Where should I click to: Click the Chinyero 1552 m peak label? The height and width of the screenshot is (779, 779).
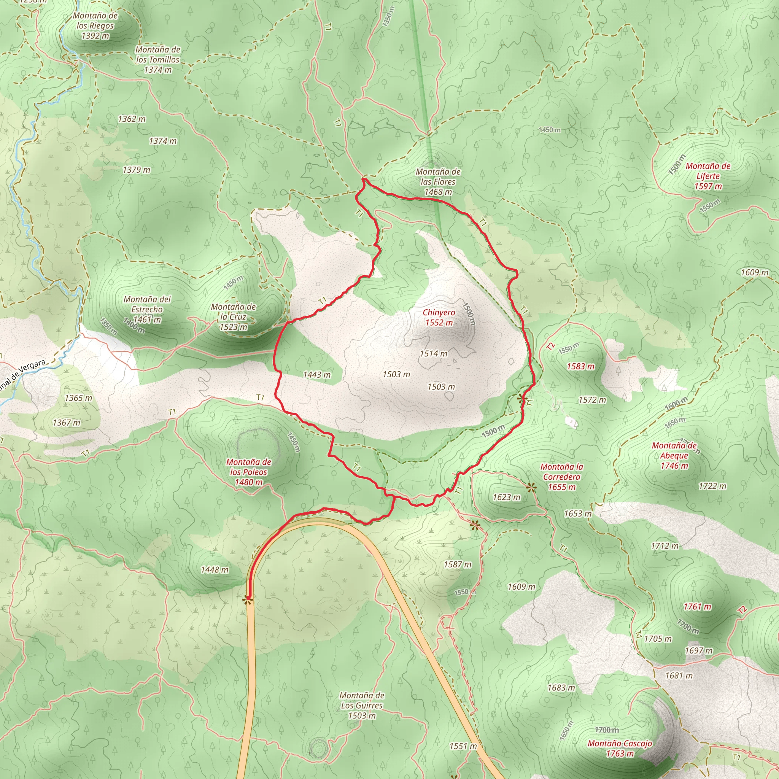(x=439, y=317)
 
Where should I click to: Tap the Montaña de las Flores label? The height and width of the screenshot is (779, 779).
(x=438, y=182)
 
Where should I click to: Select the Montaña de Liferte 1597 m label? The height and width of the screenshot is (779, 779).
(x=707, y=176)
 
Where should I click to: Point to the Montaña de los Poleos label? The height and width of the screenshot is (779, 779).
(x=248, y=472)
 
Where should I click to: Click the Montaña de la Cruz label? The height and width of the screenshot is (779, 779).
(x=233, y=317)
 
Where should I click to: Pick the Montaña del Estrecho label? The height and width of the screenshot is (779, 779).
(x=147, y=309)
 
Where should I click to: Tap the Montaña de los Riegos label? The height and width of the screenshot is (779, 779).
(x=95, y=26)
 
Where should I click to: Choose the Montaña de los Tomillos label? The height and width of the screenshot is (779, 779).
(x=157, y=60)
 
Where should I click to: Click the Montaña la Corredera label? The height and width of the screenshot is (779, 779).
(x=562, y=477)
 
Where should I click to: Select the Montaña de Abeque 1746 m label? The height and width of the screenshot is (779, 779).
(x=674, y=456)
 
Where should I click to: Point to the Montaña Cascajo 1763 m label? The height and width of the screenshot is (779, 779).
(x=620, y=748)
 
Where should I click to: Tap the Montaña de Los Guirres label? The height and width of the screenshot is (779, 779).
(x=362, y=705)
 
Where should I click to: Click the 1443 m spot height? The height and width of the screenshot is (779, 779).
(x=317, y=375)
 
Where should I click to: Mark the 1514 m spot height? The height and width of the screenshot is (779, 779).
(x=434, y=354)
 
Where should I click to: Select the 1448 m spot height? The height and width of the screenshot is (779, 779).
(x=215, y=570)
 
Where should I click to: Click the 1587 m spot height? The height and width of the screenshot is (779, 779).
(x=457, y=564)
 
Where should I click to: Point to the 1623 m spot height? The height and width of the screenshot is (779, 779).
(x=506, y=498)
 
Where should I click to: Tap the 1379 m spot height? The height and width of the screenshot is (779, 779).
(x=136, y=170)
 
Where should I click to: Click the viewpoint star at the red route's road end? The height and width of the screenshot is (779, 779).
(x=248, y=600)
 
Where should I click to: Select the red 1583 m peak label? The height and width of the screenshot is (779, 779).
(x=580, y=366)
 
